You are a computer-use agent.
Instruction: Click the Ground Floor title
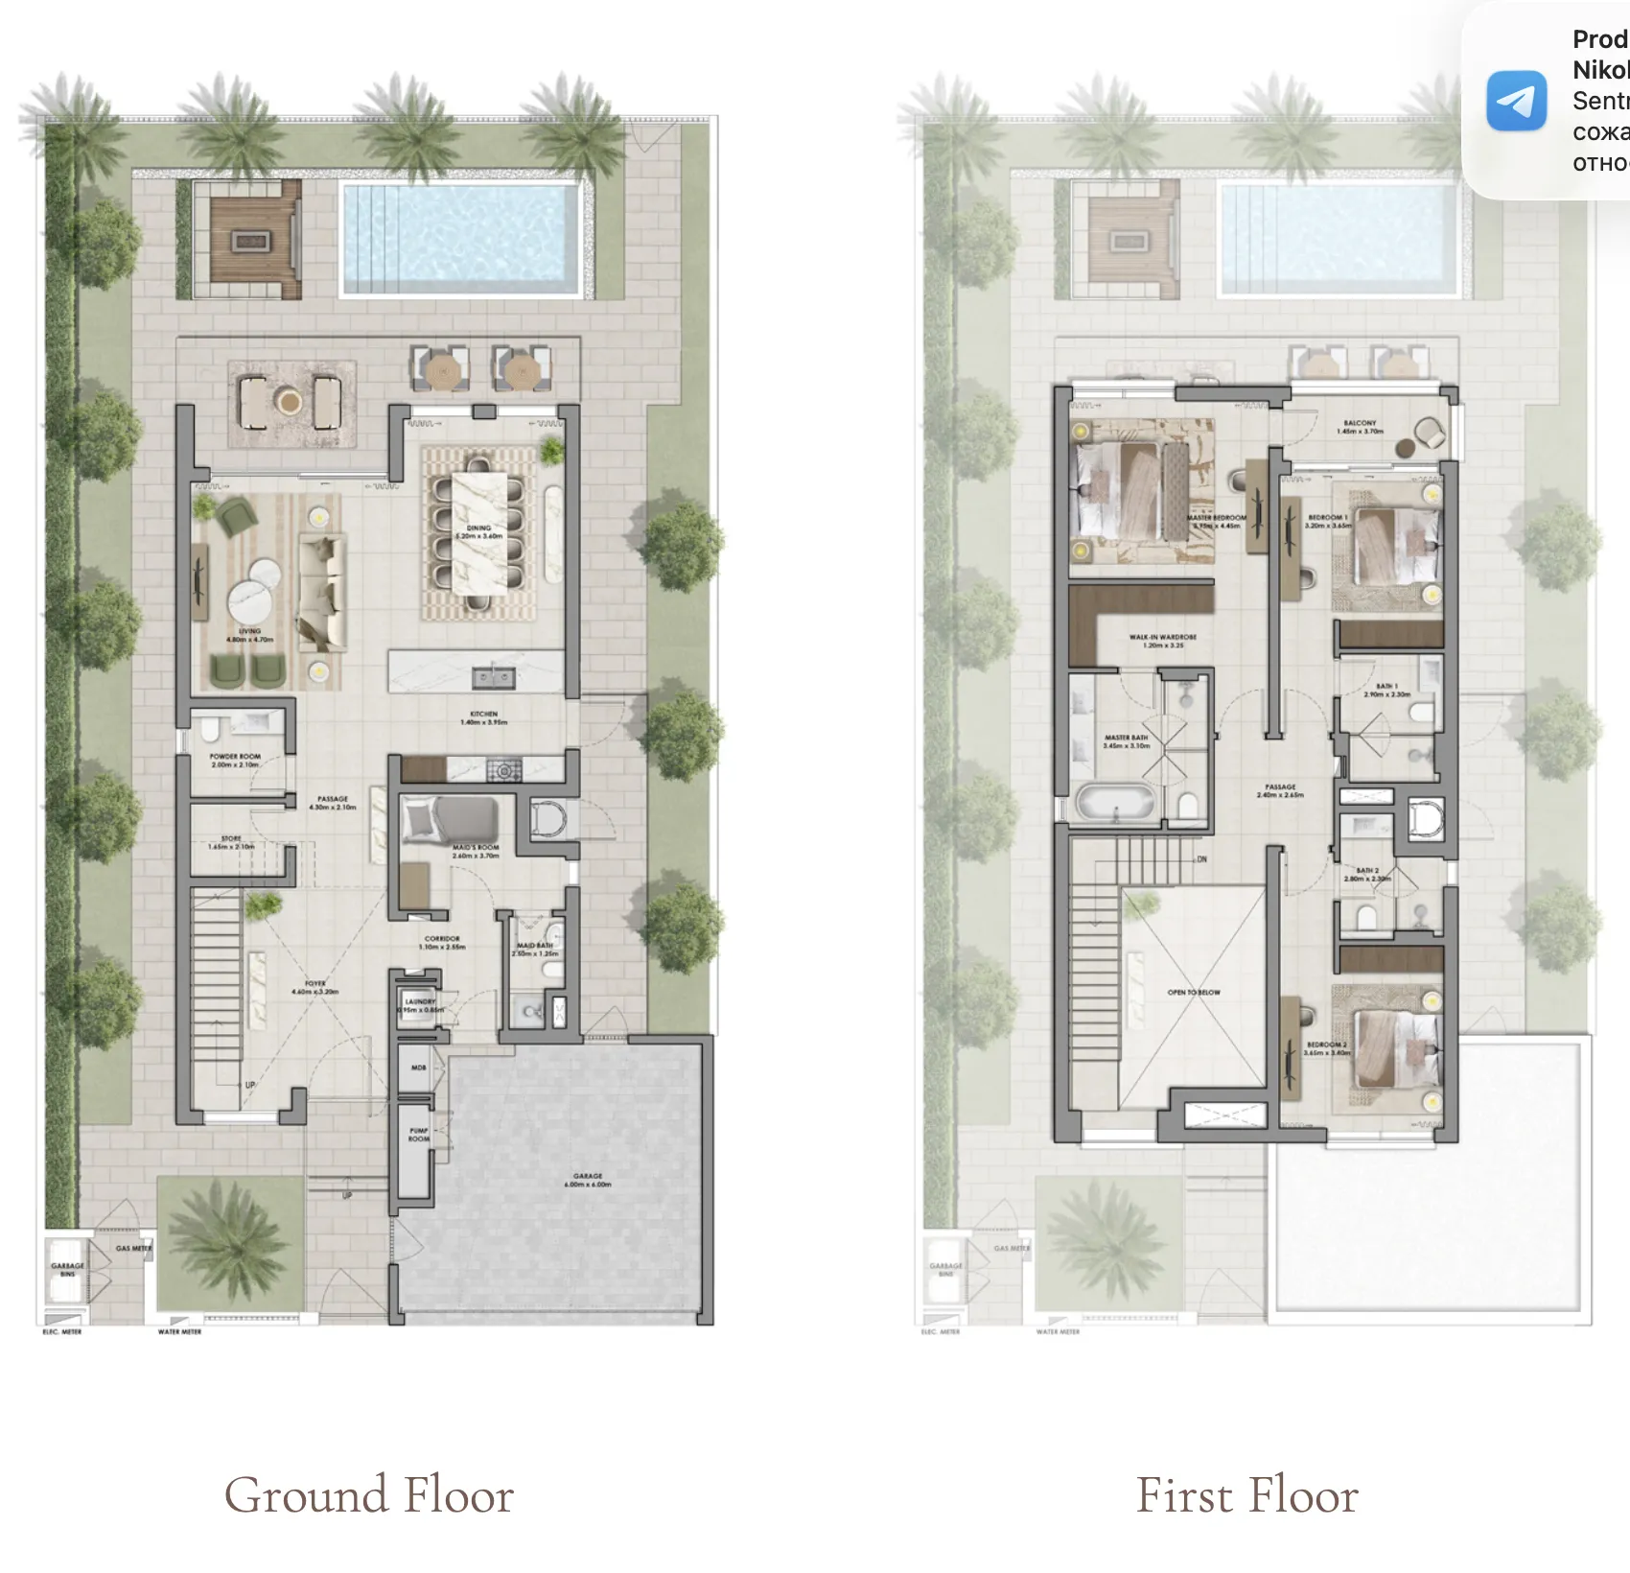(369, 1494)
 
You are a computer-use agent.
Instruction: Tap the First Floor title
(1246, 1494)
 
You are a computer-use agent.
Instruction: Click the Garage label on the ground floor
(588, 1179)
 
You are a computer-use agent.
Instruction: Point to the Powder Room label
(235, 760)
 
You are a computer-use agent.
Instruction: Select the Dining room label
(478, 531)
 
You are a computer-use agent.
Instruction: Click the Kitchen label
(483, 717)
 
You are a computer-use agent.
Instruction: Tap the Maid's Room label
(476, 851)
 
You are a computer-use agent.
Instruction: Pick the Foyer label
(315, 987)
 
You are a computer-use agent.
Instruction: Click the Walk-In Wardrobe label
(1162, 641)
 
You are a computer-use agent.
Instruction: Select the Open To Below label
(1194, 992)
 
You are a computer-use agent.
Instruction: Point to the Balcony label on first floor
(1360, 426)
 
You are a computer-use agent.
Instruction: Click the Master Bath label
(1126, 740)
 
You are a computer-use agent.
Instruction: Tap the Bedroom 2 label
(1327, 1047)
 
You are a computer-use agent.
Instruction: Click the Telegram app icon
(1516, 101)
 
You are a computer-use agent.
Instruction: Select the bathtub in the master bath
(1116, 803)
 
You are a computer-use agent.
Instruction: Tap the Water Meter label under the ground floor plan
(179, 1331)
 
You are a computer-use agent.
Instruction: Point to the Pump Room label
(419, 1134)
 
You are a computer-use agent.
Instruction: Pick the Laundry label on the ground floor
(420, 1004)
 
